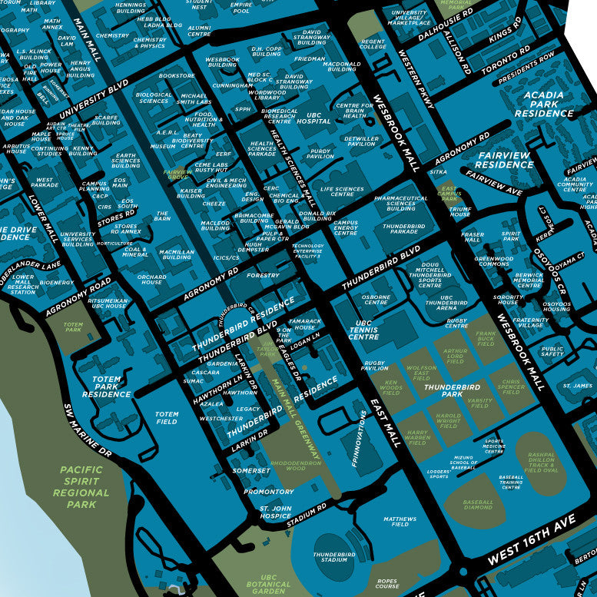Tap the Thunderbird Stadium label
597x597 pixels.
tap(334, 557)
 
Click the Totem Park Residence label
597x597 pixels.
tap(106, 386)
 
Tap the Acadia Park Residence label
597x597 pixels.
tap(544, 104)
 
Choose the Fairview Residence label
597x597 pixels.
tap(504, 160)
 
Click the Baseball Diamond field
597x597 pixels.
tap(478, 505)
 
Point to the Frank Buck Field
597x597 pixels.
tap(486, 337)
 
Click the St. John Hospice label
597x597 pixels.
tap(274, 512)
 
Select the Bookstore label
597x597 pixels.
tap(177, 76)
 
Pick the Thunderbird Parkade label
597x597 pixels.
tap(404, 228)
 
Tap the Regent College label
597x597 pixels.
tap(373, 44)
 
